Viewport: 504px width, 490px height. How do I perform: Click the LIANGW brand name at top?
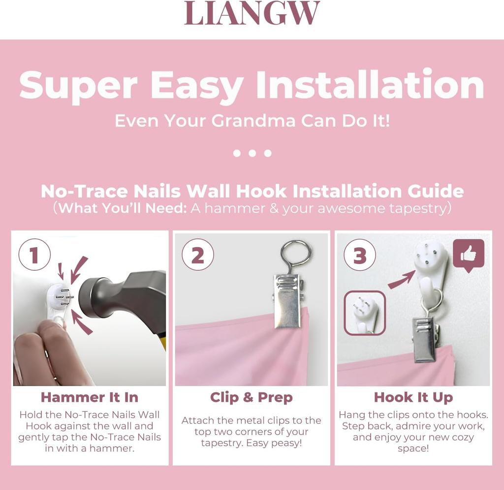252,13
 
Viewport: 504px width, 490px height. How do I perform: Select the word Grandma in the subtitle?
253,121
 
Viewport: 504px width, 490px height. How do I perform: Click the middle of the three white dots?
252,153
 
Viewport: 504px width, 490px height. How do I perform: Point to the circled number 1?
34,255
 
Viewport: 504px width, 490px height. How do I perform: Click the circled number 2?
198,255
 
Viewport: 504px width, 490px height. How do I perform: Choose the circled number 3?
360,255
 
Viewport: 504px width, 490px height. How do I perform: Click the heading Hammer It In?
90,397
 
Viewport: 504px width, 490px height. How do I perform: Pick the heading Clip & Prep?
252,397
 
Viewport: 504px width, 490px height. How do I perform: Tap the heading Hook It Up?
413,397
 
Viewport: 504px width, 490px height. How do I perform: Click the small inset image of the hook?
365,313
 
